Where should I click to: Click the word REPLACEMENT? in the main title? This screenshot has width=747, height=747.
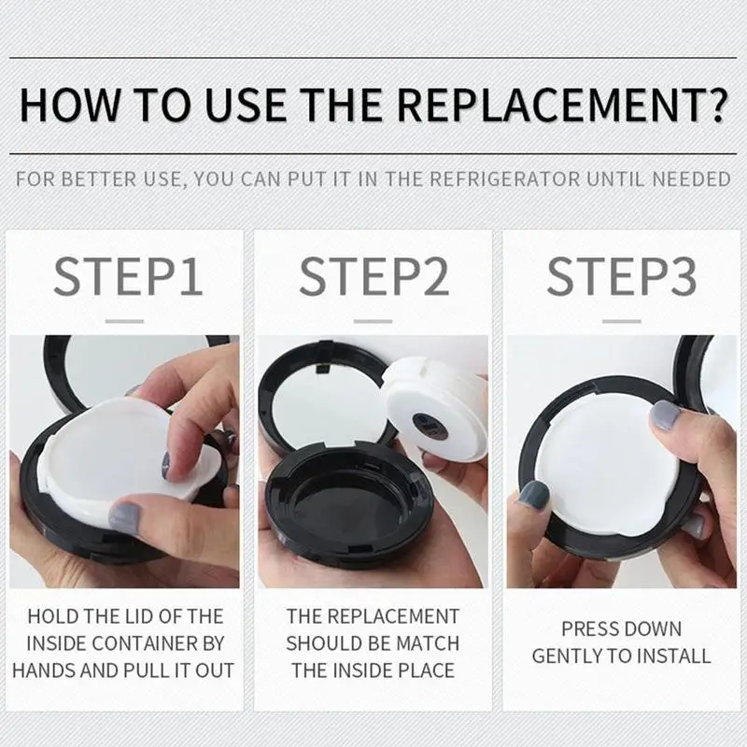(562, 106)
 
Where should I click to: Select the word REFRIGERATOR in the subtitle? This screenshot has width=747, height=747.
(504, 179)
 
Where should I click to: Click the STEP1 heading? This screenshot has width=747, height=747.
(128, 276)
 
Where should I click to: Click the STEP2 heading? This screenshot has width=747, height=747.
(374, 276)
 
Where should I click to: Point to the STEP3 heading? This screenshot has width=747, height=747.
(621, 276)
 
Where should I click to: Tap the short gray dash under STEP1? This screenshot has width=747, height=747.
(124, 321)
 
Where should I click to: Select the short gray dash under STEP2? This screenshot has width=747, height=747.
(373, 321)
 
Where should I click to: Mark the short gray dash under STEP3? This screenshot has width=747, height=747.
(622, 321)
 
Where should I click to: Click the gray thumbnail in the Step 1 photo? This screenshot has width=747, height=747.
(125, 517)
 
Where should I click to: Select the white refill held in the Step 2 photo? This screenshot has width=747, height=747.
(435, 409)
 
